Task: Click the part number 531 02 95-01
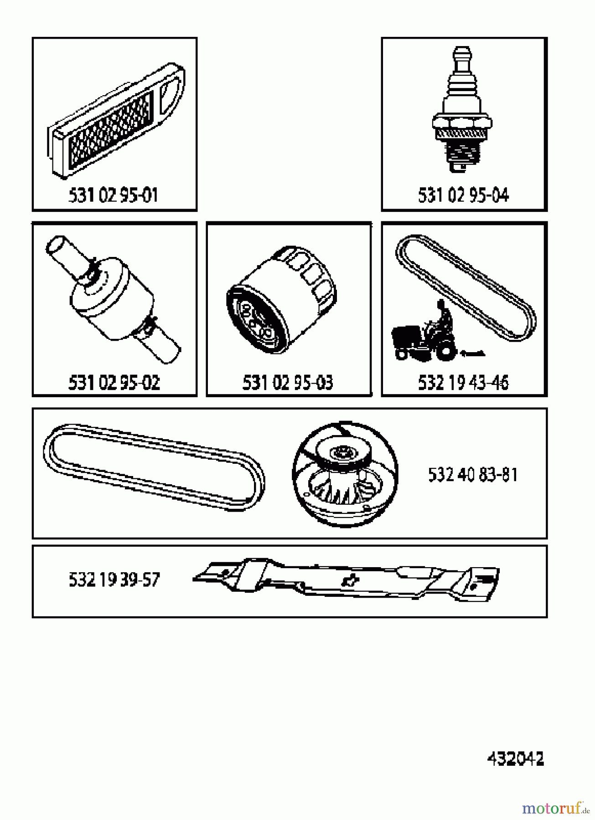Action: tap(113, 195)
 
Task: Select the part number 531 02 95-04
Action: tap(463, 195)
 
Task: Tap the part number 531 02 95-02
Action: tap(114, 383)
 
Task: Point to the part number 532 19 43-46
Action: tap(463, 383)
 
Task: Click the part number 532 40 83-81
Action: tap(473, 475)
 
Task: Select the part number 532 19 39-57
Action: tap(114, 580)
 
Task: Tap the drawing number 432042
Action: tap(515, 759)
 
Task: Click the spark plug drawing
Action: tap(462, 109)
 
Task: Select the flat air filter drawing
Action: tap(114, 123)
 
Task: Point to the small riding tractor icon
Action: tap(426, 337)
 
